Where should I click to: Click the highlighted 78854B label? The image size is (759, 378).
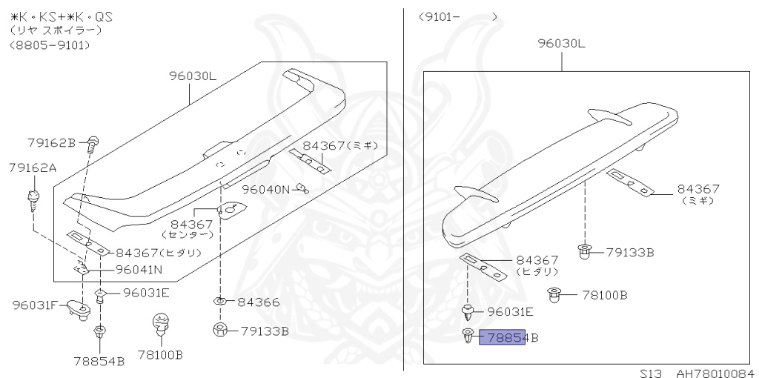(x=508, y=337)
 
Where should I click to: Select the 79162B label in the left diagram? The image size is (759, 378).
(x=51, y=143)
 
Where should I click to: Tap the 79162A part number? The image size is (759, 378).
(x=33, y=168)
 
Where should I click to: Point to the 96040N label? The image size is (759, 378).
(x=266, y=189)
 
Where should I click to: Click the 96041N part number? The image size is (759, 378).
(x=139, y=270)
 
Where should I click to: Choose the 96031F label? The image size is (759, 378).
(x=36, y=305)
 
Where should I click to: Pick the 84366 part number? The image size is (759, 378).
(x=259, y=302)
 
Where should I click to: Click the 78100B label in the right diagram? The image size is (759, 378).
(x=605, y=295)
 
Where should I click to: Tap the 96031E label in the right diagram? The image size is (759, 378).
(x=510, y=312)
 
